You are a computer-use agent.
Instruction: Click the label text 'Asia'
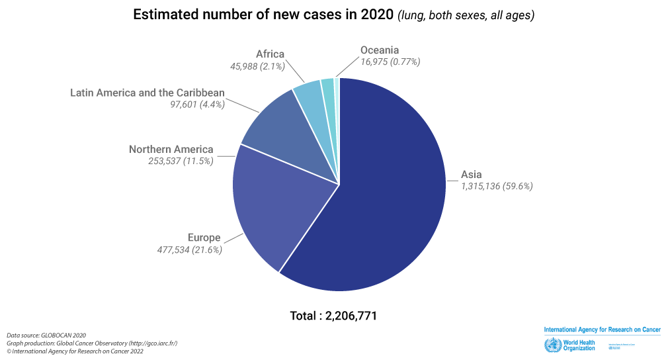(x=472, y=175)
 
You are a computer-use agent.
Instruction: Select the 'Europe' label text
(x=204, y=238)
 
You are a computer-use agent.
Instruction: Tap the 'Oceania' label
(x=380, y=50)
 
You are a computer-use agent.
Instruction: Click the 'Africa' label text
(x=270, y=54)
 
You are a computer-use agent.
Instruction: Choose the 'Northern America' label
(x=171, y=149)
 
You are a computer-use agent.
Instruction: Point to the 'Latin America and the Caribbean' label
(x=147, y=92)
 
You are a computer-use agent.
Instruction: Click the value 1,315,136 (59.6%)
(x=497, y=187)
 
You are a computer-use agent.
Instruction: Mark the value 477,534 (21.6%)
(x=189, y=249)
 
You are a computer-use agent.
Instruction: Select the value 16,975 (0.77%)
(x=390, y=62)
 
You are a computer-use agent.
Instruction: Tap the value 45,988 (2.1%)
(x=257, y=66)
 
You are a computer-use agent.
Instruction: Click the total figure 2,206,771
(x=351, y=316)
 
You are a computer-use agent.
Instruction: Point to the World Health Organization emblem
(x=550, y=345)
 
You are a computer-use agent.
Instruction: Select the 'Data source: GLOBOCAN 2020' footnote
(x=46, y=336)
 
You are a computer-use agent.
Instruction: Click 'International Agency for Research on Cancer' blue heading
(x=601, y=330)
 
